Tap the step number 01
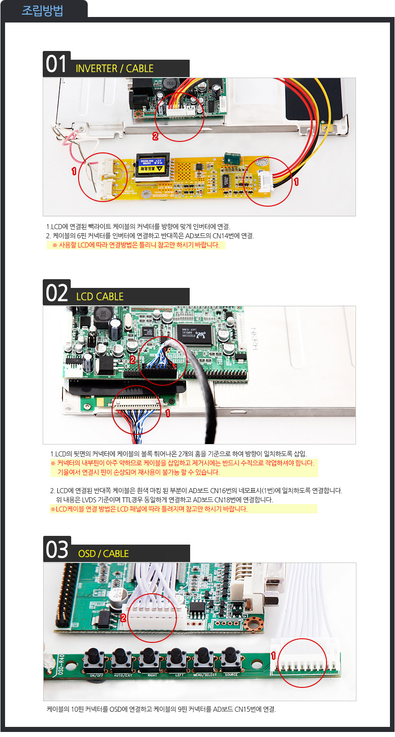(x=56, y=64)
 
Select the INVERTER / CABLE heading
(x=114, y=68)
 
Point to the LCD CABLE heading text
(x=100, y=297)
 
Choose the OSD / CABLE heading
(x=103, y=554)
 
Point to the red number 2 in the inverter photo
(x=155, y=136)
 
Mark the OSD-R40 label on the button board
(x=62, y=664)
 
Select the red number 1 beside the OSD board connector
(x=273, y=656)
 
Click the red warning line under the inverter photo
(x=136, y=245)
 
